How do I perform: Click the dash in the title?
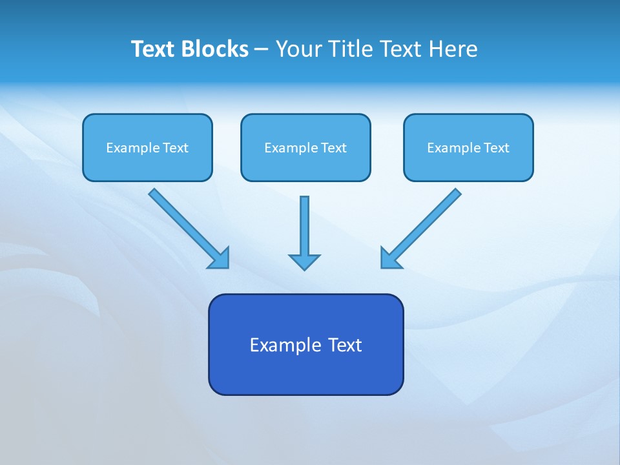pyautogui.click(x=262, y=50)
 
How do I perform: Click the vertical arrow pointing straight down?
pyautogui.click(x=304, y=226)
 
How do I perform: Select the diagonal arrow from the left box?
pyautogui.click(x=184, y=223)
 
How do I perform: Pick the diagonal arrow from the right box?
pyautogui.click(x=426, y=223)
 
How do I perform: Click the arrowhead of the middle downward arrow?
pyautogui.click(x=304, y=261)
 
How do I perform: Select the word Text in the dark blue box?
pyautogui.click(x=346, y=345)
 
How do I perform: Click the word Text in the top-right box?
pyautogui.click(x=496, y=148)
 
